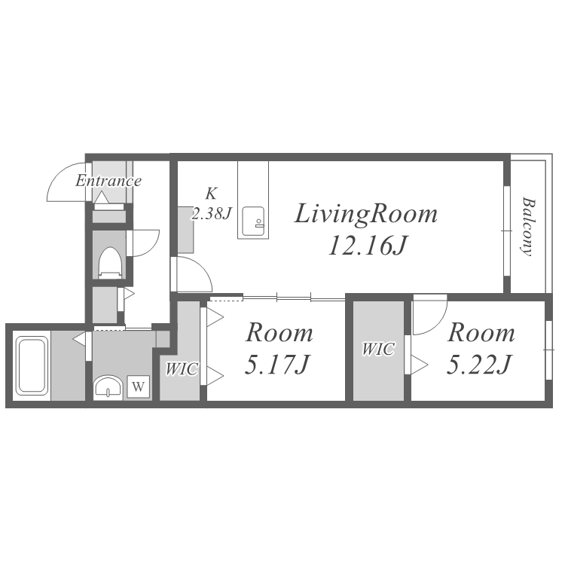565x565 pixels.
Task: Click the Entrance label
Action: point(108,181)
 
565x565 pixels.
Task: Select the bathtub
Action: point(32,365)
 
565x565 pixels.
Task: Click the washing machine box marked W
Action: point(139,386)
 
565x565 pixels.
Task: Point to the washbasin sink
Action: point(108,388)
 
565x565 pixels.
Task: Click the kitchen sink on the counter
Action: point(253,221)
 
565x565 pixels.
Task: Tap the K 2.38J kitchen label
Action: point(211,204)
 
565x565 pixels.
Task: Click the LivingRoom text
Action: point(366,215)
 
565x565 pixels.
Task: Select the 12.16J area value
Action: point(367,246)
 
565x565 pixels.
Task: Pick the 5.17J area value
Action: point(276,364)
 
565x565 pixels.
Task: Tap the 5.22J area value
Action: point(479,364)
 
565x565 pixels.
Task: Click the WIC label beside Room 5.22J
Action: point(378,349)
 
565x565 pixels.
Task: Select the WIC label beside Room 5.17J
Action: point(182,369)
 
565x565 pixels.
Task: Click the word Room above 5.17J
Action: point(279,333)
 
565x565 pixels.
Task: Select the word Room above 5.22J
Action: point(481,333)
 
